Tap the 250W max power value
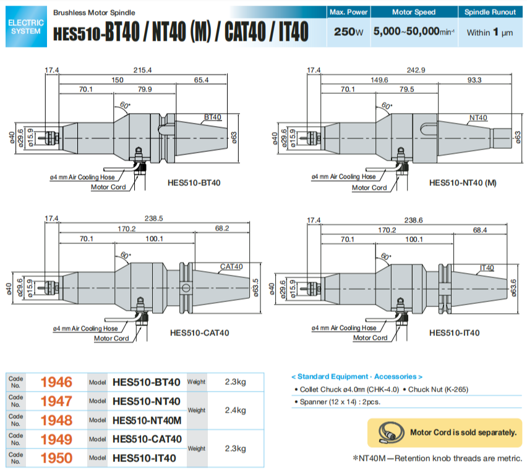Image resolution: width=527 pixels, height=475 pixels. pyautogui.click(x=348, y=32)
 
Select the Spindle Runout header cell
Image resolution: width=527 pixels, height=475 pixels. pyautogui.click(x=491, y=12)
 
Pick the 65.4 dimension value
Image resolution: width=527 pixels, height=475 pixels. pyautogui.click(x=201, y=80)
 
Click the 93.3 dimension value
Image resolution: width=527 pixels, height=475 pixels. pyautogui.click(x=474, y=80)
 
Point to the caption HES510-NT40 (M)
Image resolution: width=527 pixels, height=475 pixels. pyautogui.click(x=463, y=183)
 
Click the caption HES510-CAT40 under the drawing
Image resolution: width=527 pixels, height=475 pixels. pyautogui.click(x=199, y=333)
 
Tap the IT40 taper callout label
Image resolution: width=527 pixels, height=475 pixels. pyautogui.click(x=487, y=267)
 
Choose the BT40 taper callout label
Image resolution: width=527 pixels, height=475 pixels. pyautogui.click(x=213, y=117)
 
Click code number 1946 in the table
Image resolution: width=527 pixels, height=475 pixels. pyautogui.click(x=56, y=382)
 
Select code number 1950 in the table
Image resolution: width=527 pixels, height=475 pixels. pyautogui.click(x=56, y=458)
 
